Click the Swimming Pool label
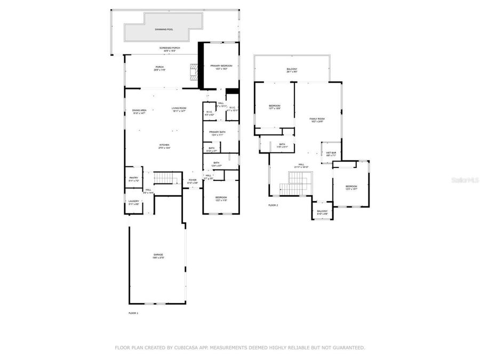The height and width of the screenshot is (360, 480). [164, 29]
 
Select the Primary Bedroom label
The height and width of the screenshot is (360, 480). [219, 67]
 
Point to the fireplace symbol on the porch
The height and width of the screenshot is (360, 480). [193, 70]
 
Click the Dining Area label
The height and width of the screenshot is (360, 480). [140, 111]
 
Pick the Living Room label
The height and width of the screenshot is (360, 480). [179, 110]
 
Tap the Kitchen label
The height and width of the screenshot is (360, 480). [164, 146]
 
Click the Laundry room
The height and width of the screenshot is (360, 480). [133, 202]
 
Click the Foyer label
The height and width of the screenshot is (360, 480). [193, 181]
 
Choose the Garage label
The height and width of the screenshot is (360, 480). [158, 256]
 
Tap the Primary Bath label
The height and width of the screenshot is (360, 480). [216, 133]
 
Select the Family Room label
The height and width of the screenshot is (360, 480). [317, 120]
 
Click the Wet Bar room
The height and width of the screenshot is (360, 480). [331, 154]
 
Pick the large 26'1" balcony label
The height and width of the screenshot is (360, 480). [292, 70]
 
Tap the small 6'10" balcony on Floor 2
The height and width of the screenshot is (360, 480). [322, 212]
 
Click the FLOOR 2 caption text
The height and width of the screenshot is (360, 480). [274, 205]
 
